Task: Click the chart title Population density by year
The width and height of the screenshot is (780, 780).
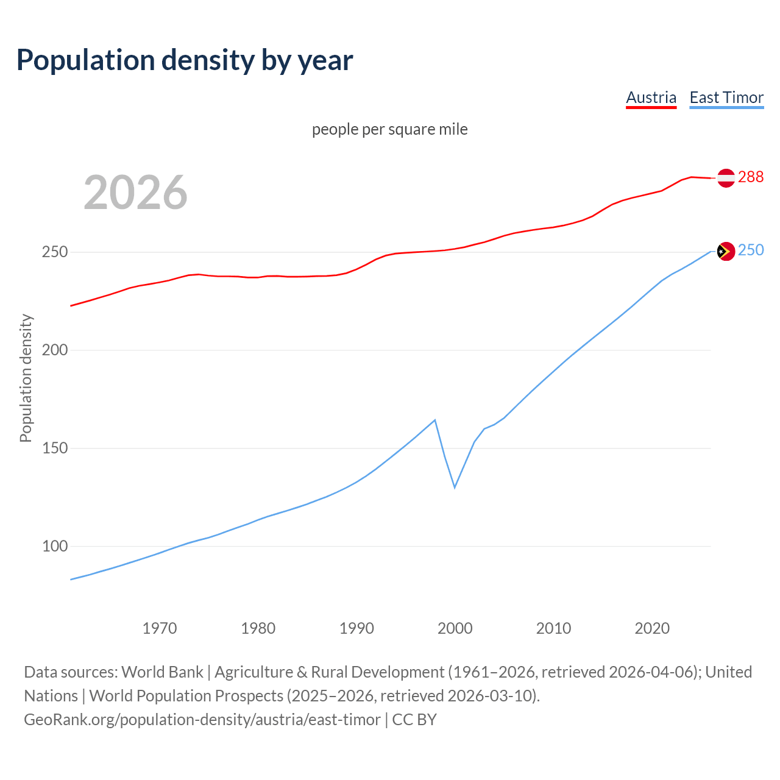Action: (x=185, y=60)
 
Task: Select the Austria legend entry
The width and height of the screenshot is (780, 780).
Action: (x=651, y=97)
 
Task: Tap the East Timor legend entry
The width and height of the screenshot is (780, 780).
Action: (x=726, y=97)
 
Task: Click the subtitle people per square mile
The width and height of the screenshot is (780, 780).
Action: (x=390, y=129)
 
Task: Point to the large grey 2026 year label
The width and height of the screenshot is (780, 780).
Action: (x=135, y=193)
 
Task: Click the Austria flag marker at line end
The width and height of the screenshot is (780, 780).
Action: (x=726, y=178)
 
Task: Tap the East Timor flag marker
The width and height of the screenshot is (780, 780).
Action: (x=726, y=251)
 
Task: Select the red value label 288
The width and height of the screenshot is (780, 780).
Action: (x=751, y=177)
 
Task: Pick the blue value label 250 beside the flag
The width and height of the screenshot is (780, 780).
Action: (x=751, y=250)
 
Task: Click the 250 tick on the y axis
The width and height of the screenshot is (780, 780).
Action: (x=54, y=252)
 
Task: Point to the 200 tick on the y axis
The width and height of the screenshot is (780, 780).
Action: (x=54, y=350)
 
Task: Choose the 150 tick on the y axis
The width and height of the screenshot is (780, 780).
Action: (x=54, y=448)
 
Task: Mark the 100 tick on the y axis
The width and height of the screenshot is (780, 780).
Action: (x=54, y=547)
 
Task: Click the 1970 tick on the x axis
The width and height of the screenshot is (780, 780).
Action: (x=160, y=628)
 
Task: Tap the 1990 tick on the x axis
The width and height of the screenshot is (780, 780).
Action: (x=356, y=628)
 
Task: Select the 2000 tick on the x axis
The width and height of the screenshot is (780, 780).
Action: (x=455, y=628)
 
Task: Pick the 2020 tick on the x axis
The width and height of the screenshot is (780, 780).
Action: (x=652, y=628)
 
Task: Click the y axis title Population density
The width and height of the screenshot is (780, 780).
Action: (x=26, y=378)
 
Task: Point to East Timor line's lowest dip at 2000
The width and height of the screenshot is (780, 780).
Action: (x=455, y=487)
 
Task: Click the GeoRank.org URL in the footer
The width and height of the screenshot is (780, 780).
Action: (x=202, y=720)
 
